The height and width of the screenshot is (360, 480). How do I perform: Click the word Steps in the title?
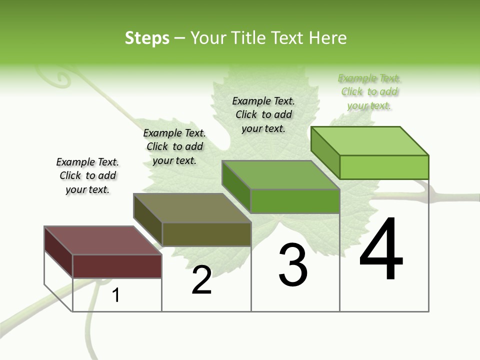147,38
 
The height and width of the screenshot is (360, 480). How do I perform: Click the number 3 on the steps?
293,265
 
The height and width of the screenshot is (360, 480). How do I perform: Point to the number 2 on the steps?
202,280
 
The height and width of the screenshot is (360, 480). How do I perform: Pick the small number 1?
116,295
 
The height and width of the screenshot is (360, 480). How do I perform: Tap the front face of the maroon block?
117,266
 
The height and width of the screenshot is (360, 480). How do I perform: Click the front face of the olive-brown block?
206,234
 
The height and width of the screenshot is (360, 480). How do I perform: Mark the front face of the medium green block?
295,201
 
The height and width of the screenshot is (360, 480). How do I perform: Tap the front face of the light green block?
384,167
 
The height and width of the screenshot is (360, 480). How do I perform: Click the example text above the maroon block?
87,175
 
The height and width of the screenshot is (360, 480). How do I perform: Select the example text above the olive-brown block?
174,146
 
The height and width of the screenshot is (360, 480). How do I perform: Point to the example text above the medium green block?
263,114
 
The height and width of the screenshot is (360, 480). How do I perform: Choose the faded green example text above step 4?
369,91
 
